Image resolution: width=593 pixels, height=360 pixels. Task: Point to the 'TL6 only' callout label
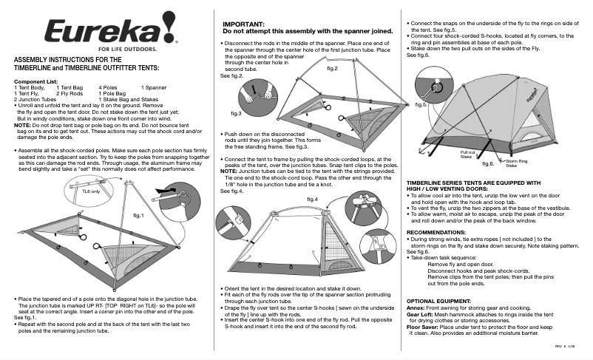tap(70, 191)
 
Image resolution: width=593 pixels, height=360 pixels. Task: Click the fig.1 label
tap(142, 214)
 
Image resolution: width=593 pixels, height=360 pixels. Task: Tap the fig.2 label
tap(332, 68)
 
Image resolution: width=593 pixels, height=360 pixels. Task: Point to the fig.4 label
tap(311, 199)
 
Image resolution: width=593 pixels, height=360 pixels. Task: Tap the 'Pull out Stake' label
tap(467, 154)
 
